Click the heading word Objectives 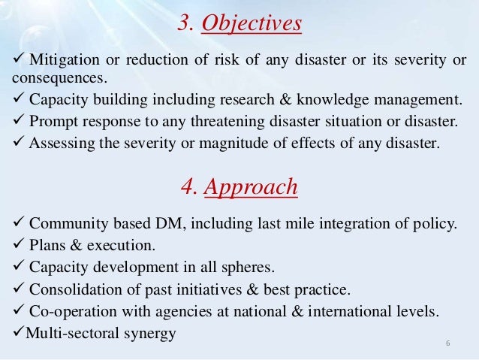coord(252,25)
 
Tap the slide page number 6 coord(448,344)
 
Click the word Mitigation coord(61,60)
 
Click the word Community coord(65,222)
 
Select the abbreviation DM coord(149,222)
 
